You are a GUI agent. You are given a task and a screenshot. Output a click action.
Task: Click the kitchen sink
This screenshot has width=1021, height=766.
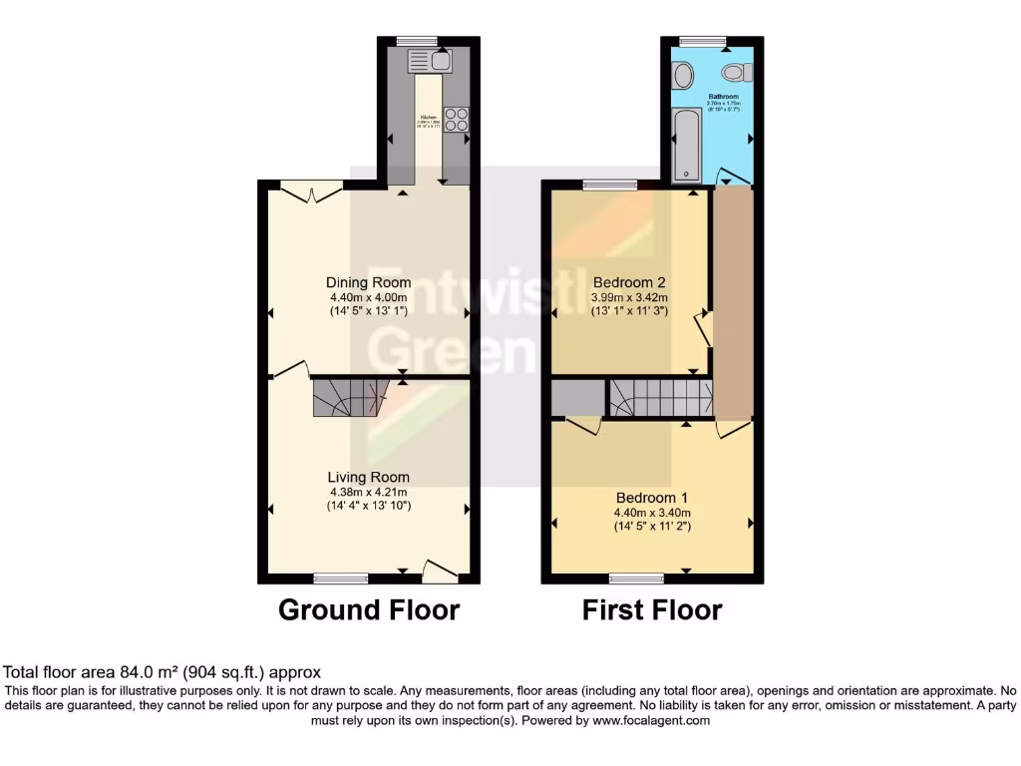[x=430, y=60]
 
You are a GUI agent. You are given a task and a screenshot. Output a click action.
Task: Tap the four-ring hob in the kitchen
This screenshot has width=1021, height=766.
[x=458, y=119]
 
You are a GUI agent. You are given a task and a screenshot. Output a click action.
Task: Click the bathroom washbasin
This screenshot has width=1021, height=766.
[x=683, y=74]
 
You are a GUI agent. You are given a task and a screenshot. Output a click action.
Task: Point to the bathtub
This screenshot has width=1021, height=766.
[x=687, y=146]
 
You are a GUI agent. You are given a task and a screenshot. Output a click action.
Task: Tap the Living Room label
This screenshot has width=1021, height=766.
[x=368, y=478]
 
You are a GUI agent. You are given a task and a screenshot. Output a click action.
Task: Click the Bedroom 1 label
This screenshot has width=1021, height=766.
[x=651, y=498]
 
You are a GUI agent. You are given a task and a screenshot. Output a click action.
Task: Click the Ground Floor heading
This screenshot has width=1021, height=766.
[x=368, y=609]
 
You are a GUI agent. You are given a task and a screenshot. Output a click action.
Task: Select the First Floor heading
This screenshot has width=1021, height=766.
[x=652, y=609]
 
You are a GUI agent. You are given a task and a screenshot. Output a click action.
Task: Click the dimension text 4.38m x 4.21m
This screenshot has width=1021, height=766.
[x=368, y=492]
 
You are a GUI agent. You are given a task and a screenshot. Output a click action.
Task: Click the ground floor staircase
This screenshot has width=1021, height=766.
[x=348, y=397]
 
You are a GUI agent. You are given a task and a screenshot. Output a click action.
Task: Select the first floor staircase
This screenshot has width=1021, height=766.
[x=660, y=397]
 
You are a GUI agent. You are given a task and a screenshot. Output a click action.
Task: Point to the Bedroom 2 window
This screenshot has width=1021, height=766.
[x=610, y=185]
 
